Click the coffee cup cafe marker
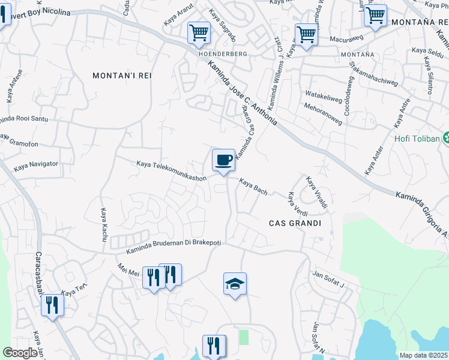click(223, 160)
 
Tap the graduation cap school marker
click(235, 284)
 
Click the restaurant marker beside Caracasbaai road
click(52, 305)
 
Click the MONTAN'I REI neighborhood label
click(122, 76)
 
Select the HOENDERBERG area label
click(223, 53)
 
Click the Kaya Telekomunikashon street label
click(172, 170)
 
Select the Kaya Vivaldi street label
click(316, 192)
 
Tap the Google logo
click(20, 353)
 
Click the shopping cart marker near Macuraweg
click(306, 34)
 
